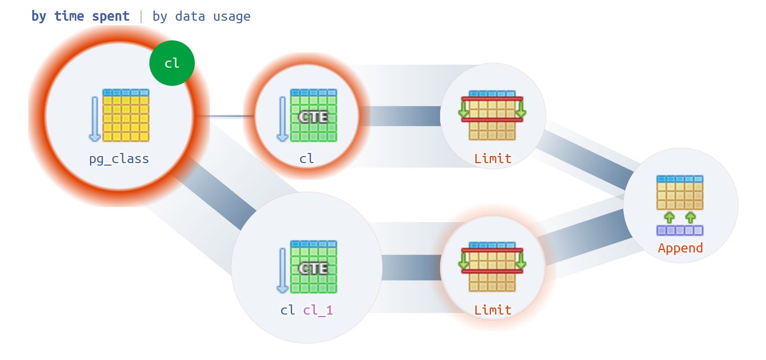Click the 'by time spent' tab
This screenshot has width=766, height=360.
[80, 17]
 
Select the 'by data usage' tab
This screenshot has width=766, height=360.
[201, 17]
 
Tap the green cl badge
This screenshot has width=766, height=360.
[172, 63]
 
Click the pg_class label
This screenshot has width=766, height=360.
[119, 159]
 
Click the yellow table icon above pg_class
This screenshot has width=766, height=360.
[126, 115]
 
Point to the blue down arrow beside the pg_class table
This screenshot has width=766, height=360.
[95, 119]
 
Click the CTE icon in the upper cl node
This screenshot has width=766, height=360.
[313, 115]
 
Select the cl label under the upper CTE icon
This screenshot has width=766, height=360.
[306, 159]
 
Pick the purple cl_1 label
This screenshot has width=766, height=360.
[318, 311]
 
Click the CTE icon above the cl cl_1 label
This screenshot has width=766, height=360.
[313, 267]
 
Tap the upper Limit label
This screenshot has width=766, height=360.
[493, 159]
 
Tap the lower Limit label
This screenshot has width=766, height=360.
[493, 310]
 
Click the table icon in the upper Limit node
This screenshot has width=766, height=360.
[492, 115]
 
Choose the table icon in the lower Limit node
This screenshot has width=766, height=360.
[492, 267]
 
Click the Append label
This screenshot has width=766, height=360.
[681, 248]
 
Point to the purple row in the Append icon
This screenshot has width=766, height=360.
[680, 230]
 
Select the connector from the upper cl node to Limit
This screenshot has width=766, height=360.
[400, 116]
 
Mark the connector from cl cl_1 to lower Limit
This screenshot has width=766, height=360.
[411, 267]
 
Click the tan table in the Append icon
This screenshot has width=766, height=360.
[680, 192]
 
